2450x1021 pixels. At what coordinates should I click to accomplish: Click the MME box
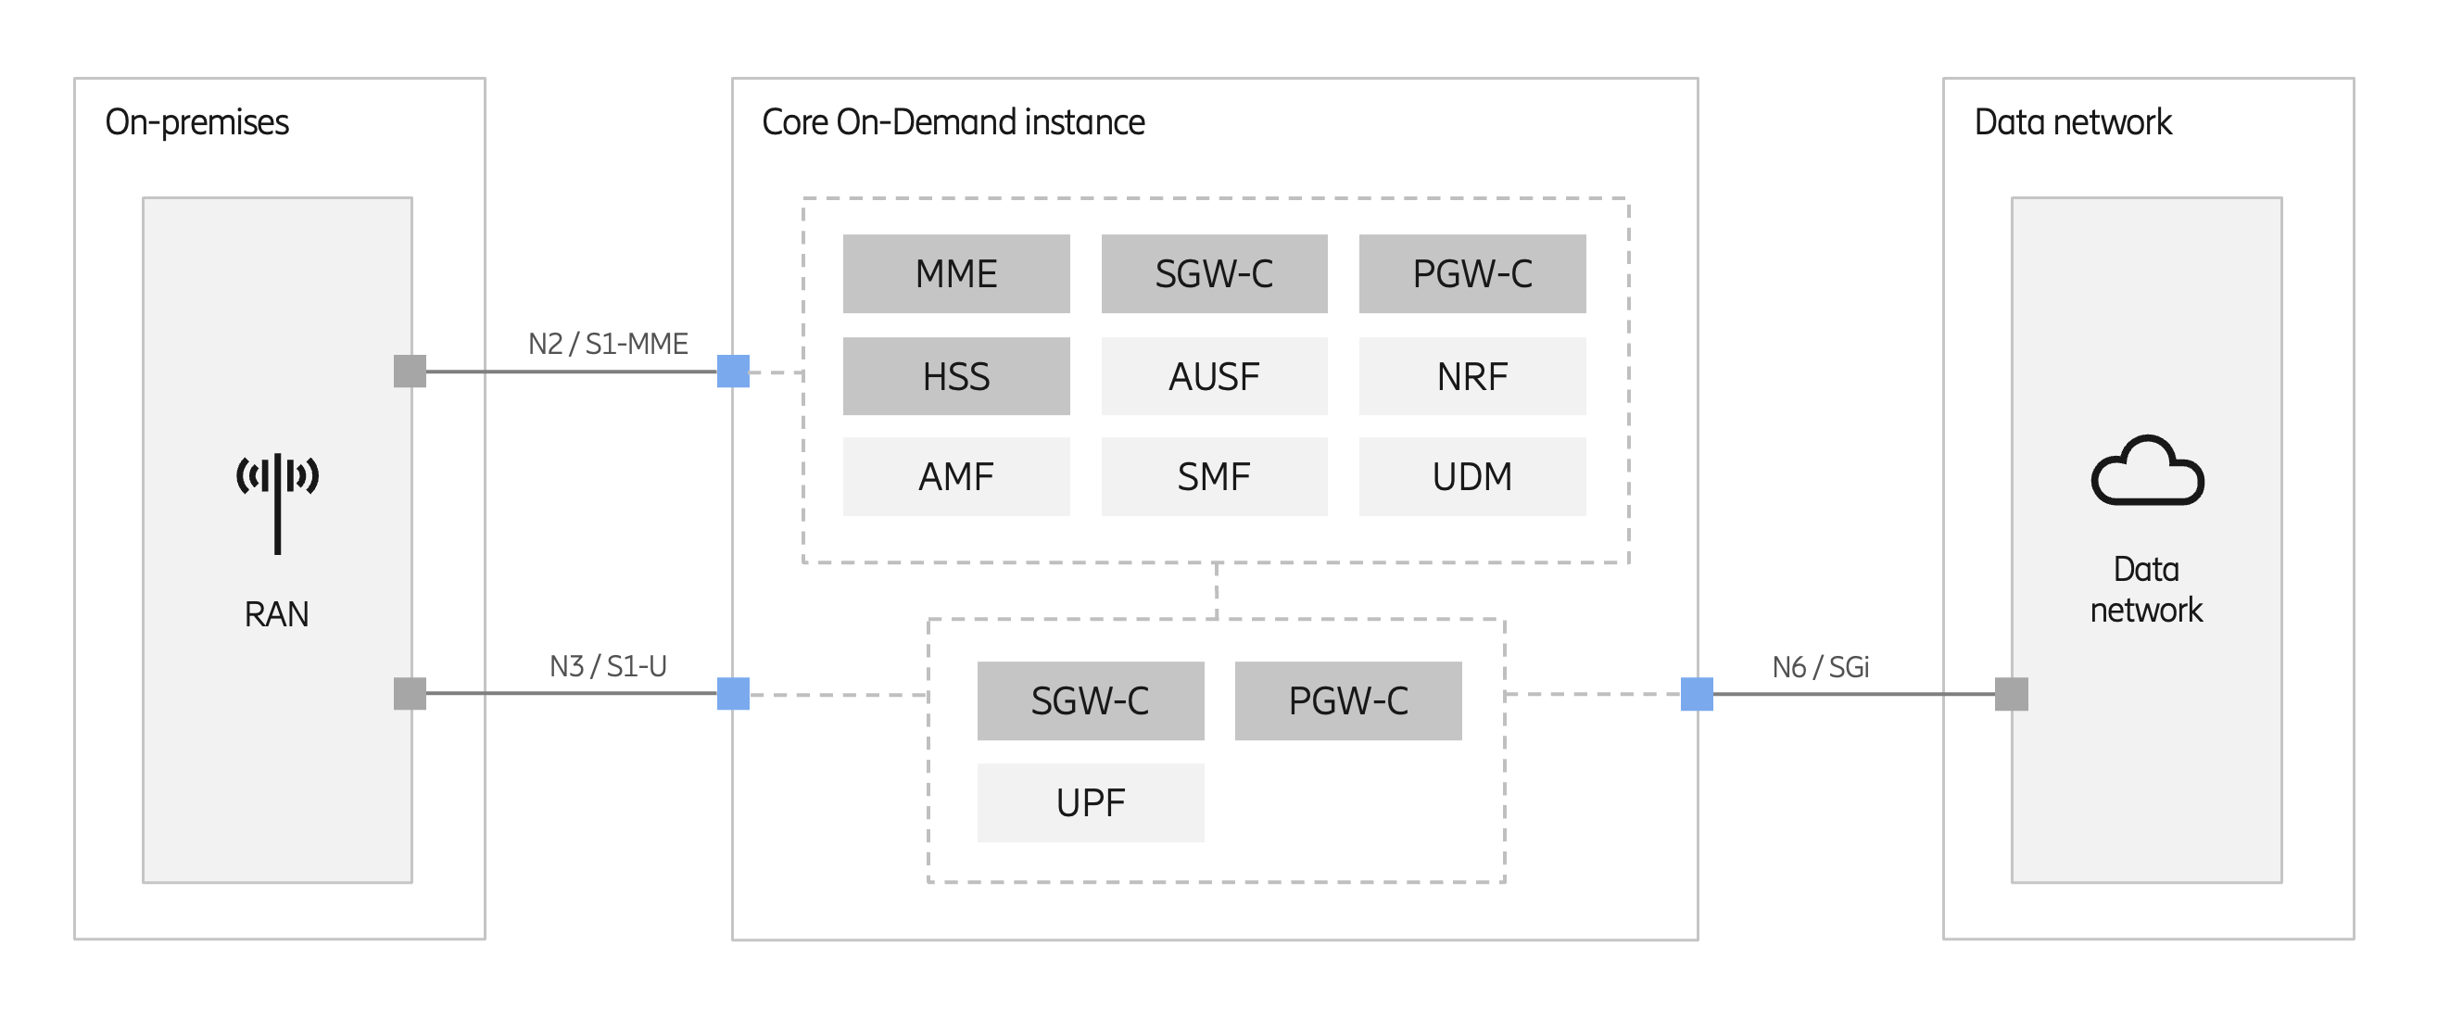(x=956, y=274)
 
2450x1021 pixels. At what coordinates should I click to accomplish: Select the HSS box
(x=956, y=376)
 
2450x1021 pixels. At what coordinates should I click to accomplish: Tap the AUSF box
(x=1214, y=376)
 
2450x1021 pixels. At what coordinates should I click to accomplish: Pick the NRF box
(x=1471, y=376)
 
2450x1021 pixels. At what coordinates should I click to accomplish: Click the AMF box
(x=956, y=476)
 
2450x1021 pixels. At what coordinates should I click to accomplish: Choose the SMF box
(x=1214, y=476)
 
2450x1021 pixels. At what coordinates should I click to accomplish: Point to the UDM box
(x=1471, y=476)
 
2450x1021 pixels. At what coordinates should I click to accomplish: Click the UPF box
(x=1090, y=803)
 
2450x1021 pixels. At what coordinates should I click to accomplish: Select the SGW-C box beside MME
(x=1214, y=274)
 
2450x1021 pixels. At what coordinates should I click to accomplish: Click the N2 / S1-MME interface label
(x=608, y=343)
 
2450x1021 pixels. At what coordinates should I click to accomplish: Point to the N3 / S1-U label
(x=608, y=665)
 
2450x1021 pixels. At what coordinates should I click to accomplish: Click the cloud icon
(x=2147, y=471)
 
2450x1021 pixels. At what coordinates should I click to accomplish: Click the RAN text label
(x=277, y=614)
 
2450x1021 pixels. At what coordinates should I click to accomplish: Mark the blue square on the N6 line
(x=1696, y=694)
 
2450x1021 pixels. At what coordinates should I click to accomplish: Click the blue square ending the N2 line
(x=732, y=371)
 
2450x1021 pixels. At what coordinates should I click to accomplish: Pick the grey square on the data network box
(x=2011, y=694)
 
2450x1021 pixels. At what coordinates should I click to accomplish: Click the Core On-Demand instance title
(x=953, y=122)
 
